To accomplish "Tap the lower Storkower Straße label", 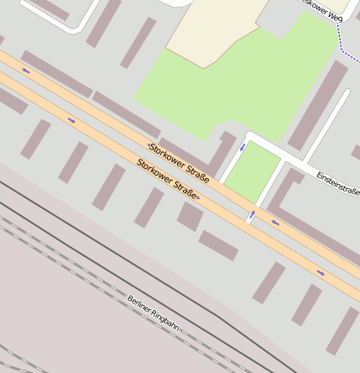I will pos(167,178).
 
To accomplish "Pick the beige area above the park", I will pos(211,29).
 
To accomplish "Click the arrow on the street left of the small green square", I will pos(243,147).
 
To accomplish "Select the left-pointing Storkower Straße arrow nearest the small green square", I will pos(274,223).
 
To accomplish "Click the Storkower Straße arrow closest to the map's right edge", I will pos(321,272).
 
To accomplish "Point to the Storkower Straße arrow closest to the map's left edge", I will pos(26,71).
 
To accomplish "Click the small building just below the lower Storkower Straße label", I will pos(190,216).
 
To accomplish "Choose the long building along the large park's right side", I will pos(318,105).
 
